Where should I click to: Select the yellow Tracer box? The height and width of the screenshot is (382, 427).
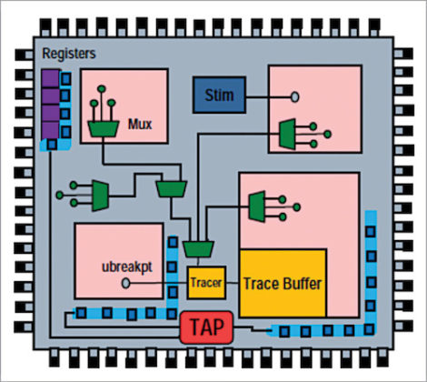204,283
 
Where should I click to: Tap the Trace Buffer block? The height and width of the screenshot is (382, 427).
283,283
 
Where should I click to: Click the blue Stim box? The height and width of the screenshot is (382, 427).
218,95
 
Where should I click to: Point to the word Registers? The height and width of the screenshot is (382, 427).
68,55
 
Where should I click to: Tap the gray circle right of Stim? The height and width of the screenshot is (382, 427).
294,95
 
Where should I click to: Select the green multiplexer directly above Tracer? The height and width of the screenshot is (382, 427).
197,248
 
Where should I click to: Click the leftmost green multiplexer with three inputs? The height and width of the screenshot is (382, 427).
99,192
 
